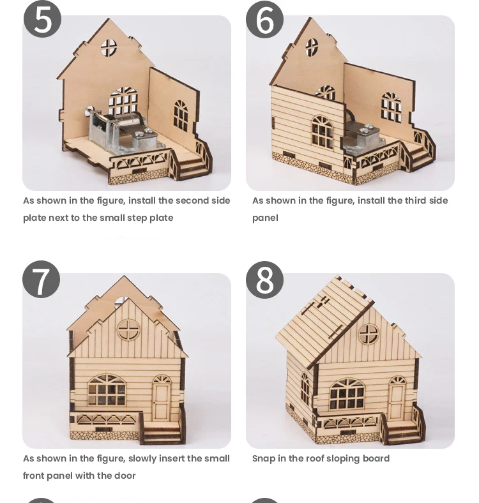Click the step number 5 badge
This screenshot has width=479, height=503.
pos(42,19)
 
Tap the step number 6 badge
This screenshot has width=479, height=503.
pos(264,20)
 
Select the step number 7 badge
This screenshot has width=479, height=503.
pos(42,280)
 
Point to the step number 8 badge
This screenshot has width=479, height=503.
pos(264,280)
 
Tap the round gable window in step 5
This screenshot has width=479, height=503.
pos(109,47)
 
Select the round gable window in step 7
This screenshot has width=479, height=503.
pos(128,329)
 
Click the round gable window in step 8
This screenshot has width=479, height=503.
pos(369,334)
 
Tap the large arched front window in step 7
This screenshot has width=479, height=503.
pos(107,389)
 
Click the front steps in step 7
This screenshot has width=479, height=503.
pos(162,433)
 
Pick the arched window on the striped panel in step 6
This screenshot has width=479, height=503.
pos(323,132)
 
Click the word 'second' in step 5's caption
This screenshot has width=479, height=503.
pos(192,201)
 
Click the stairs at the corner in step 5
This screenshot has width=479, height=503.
pos(192,163)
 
